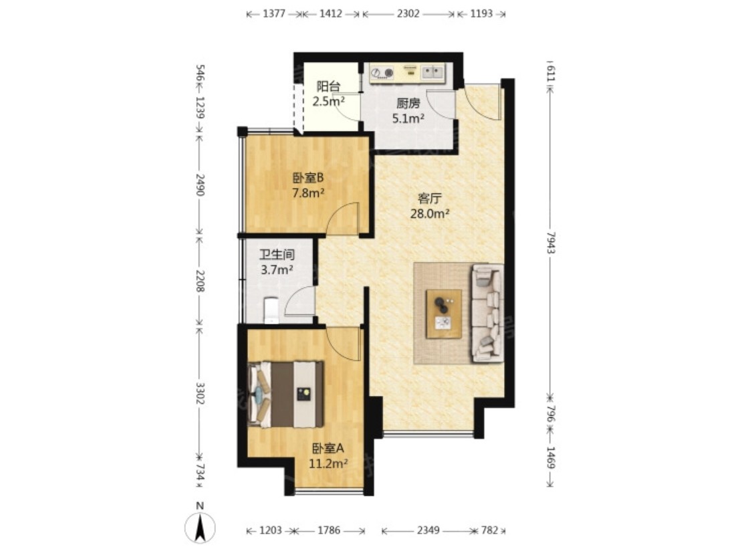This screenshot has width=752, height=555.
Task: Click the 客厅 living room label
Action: [x=430, y=198]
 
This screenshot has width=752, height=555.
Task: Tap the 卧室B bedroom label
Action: [x=308, y=178]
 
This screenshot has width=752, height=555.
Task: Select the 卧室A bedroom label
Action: [x=328, y=449]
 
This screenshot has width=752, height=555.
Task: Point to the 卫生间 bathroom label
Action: [x=277, y=254]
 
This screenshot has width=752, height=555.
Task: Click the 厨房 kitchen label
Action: [x=408, y=103]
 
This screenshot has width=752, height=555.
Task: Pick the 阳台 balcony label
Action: [x=328, y=86]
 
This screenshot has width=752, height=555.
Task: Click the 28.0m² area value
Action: [x=430, y=213]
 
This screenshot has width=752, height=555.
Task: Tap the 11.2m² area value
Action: [x=328, y=464]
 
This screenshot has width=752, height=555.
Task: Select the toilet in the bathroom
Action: [x=271, y=310]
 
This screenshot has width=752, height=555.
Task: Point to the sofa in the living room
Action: [x=488, y=313]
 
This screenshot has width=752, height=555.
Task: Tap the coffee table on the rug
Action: [x=444, y=314]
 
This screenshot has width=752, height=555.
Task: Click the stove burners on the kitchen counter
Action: [x=382, y=73]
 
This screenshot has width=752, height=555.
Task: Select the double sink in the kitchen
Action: [x=433, y=72]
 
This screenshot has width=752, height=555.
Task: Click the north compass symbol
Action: [x=200, y=527]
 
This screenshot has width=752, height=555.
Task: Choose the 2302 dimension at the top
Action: [x=408, y=13]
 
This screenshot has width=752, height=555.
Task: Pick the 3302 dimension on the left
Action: [x=201, y=393]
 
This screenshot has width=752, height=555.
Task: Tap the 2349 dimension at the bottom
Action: [x=428, y=530]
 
